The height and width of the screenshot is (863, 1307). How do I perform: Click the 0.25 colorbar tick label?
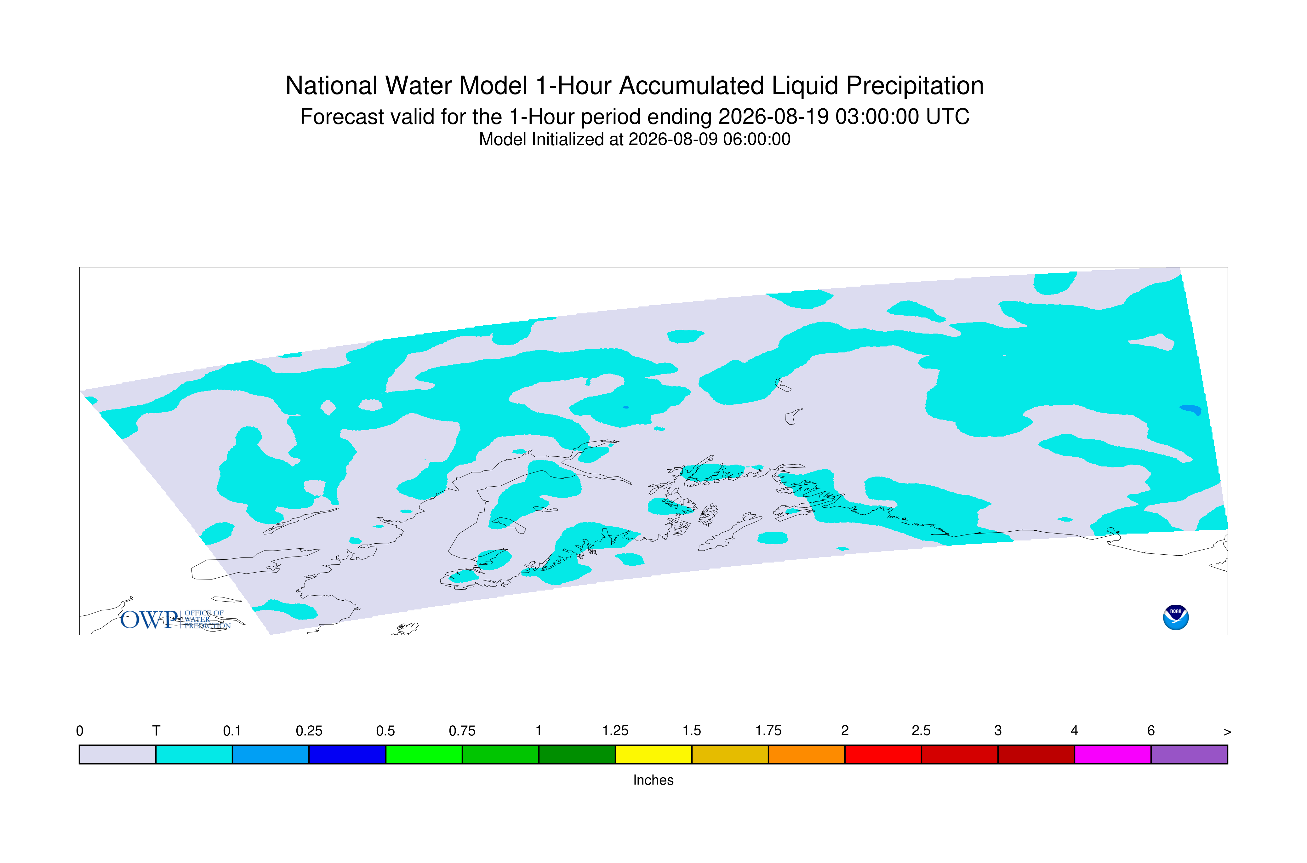click(309, 731)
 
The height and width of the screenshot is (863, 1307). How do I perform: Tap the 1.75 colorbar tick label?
click(768, 731)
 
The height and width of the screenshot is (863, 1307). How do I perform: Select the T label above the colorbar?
click(156, 731)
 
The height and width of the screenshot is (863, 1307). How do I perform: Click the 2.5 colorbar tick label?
click(921, 731)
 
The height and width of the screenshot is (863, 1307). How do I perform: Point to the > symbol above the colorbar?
click(1227, 732)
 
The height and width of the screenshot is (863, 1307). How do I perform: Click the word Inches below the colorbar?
click(653, 780)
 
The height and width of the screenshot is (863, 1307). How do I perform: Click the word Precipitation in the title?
click(915, 86)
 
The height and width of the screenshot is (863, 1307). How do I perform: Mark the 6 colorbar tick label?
click(1151, 731)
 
